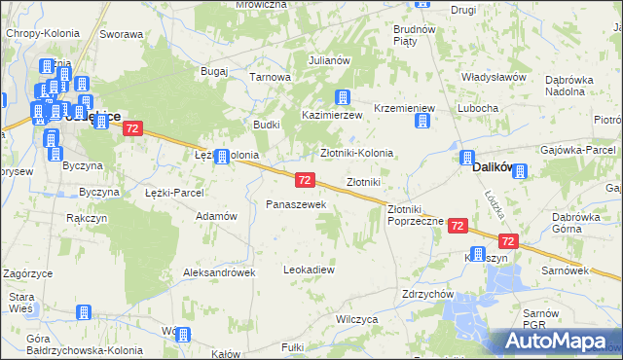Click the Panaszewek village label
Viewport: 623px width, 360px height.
(289, 204)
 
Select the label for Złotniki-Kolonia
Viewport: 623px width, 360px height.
(357, 153)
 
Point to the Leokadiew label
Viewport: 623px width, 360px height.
(309, 269)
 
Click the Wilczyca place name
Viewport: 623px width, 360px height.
(355, 318)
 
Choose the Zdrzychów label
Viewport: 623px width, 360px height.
(428, 293)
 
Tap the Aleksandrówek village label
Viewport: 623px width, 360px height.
(219, 272)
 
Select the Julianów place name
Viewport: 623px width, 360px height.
(329, 60)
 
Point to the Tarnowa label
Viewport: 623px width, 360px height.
(271, 77)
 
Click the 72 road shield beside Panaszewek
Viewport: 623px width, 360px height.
(305, 180)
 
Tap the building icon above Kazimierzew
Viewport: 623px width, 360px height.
(342, 96)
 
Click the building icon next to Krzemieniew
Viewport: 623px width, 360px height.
(422, 121)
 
